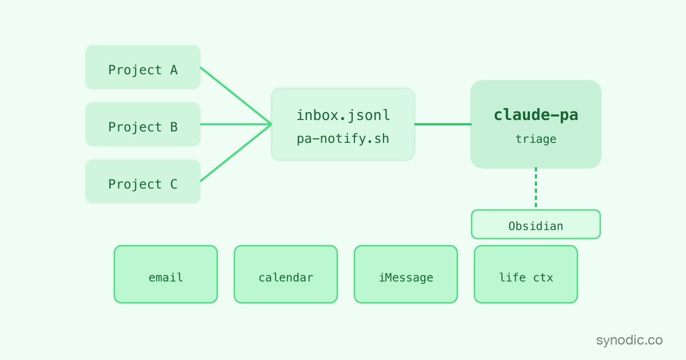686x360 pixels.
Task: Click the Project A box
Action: click(143, 67)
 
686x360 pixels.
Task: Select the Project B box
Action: click(143, 125)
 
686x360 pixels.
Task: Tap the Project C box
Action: click(143, 181)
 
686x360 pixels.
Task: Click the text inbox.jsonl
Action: click(344, 116)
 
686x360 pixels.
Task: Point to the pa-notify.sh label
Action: click(343, 139)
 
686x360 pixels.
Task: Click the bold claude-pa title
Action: click(536, 115)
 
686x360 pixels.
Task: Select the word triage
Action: click(536, 139)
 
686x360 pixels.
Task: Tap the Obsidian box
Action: click(536, 225)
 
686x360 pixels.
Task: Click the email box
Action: click(166, 274)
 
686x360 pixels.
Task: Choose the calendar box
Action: click(286, 274)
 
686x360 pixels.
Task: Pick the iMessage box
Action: click(406, 274)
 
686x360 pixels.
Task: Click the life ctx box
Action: click(526, 274)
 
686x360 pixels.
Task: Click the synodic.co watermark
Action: click(629, 340)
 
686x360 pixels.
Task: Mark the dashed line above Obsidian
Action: click(536, 187)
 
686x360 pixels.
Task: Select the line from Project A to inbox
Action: click(236, 96)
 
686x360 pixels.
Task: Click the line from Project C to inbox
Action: click(236, 153)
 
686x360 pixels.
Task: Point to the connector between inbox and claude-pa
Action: click(443, 125)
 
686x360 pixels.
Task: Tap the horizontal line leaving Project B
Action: click(236, 125)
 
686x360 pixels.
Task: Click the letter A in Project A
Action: click(174, 70)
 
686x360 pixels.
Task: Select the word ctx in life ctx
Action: click(543, 278)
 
